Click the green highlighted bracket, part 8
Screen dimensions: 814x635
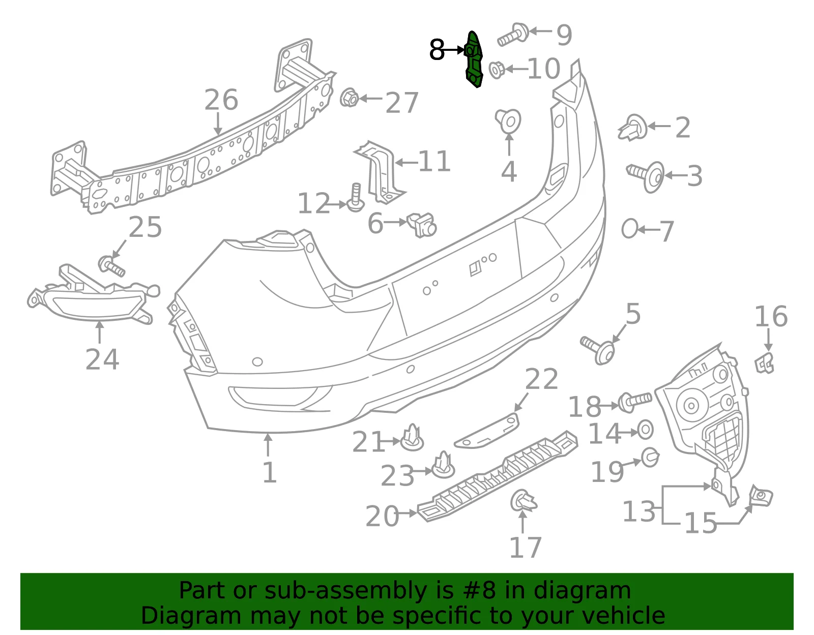474,60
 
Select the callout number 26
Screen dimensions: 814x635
221,100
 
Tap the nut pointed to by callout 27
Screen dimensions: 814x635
349,98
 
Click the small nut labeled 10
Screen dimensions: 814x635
497,70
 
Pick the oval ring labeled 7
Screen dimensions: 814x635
629,229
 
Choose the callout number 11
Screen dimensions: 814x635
434,161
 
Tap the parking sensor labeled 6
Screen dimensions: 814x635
422,225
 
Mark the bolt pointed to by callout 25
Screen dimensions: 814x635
111,266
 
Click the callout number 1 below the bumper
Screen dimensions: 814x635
269,473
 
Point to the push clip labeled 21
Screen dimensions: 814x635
412,437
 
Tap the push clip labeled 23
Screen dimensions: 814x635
443,465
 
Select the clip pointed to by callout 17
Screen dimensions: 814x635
524,501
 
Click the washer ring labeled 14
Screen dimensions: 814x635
645,430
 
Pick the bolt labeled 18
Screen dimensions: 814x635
634,402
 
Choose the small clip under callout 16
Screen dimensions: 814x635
765,364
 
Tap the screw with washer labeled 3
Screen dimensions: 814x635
646,176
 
